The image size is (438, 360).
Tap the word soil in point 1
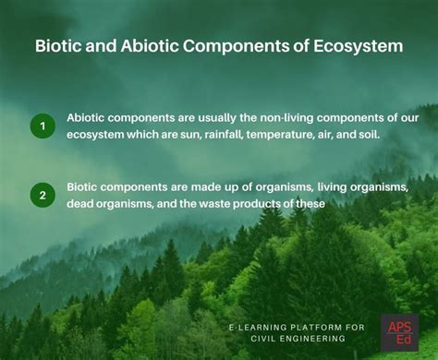tap(393, 135)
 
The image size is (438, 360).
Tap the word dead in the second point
tap(82, 203)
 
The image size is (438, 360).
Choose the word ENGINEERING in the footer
tap(315, 339)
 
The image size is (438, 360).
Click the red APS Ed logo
tap(399, 331)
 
